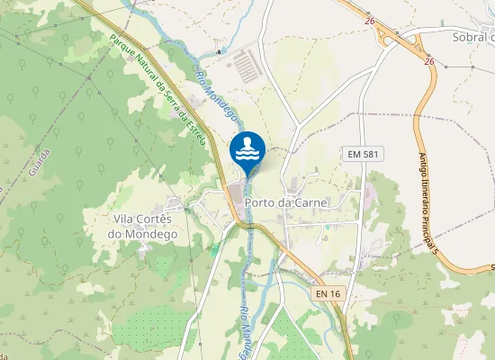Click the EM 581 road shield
click(363, 155)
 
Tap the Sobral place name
click(472, 37)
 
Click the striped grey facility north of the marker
click(247, 63)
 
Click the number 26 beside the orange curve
click(430, 61)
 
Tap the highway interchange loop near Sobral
click(393, 36)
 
